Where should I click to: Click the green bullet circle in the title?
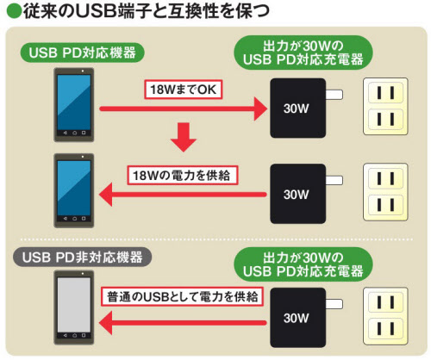pos(14,11)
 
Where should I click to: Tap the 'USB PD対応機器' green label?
pos(82,53)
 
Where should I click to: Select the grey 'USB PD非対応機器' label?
pos(82,258)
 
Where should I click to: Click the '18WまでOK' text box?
pos(184,90)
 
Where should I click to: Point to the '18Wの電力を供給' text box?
pos(183,175)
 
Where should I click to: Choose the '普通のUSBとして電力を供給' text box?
pos(182,296)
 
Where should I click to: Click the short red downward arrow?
pos(184,137)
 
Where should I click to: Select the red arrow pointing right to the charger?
pos(184,109)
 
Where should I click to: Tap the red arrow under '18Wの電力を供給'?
pos(183,195)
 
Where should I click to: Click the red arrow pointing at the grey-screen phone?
pos(183,323)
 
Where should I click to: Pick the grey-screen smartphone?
pos(74,307)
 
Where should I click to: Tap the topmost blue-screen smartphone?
pos(74,105)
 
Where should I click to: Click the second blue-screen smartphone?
pos(74,190)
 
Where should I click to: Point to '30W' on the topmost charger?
pos(296,109)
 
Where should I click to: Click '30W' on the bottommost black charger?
pos(296,318)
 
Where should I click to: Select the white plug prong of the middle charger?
pos(334,180)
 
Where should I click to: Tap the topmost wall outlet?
pos(385,106)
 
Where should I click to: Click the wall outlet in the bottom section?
pos(385,316)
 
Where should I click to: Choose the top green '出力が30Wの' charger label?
pos(303,53)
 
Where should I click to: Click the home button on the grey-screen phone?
pos(74,335)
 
